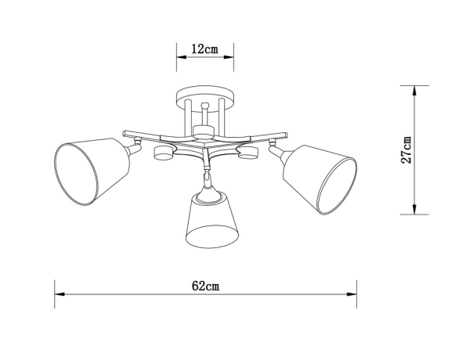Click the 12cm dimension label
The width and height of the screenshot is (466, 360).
point(204,49)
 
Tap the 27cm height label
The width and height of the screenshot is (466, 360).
point(406,149)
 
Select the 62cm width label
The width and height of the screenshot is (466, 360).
point(204,286)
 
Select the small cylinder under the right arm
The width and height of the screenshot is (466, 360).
point(249,153)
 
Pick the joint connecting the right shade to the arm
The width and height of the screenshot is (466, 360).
point(276,149)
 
